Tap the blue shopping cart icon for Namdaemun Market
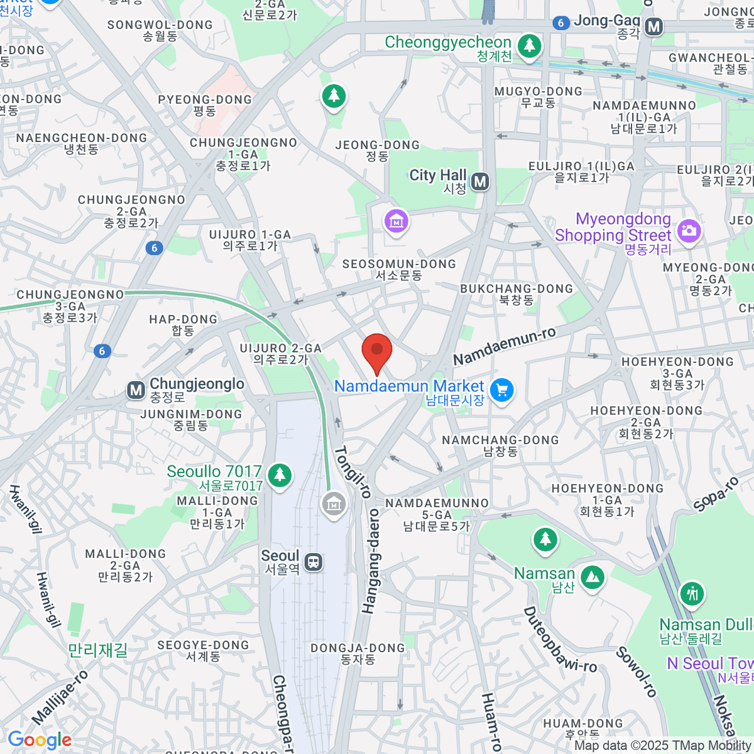pos(501,391)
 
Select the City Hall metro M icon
pos(480,182)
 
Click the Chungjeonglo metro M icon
pos(136,390)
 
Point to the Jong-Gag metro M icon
pos(654,26)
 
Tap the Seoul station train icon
pos(313,562)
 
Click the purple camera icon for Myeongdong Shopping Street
pos(689,230)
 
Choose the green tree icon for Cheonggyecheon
pos(529,45)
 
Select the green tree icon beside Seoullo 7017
pos(280,474)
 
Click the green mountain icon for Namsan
pos(592,577)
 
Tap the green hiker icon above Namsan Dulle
pos(692,593)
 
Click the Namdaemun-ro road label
pos(504,346)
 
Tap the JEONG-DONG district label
pos(378,150)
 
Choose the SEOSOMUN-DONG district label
pos(399,269)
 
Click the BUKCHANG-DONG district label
pos(516,294)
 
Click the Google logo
pos(39,740)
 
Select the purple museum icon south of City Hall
pos(396,222)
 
